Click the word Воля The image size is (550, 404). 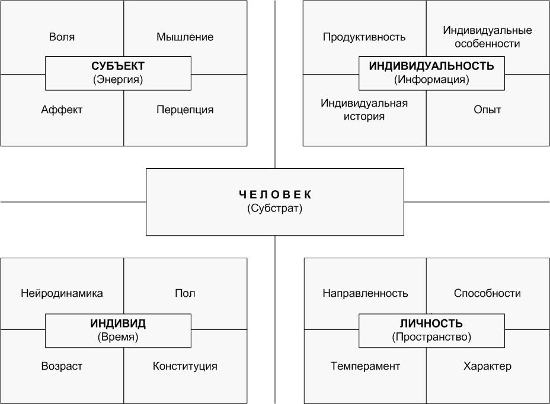coord(62,37)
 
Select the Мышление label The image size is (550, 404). coord(185,37)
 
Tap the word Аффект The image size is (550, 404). coord(62,110)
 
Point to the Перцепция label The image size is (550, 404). coord(185,110)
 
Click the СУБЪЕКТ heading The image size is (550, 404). coord(118,66)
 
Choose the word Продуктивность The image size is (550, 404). coord(364,37)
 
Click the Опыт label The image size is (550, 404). coord(487,110)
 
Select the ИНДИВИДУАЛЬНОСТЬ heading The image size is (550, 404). coord(431,66)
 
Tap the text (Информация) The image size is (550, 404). coord(431,79)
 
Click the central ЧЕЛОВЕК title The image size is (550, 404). coord(274,194)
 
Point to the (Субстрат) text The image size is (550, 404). coord(274,209)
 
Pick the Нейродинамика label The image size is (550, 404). coord(62,293)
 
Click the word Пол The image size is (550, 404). coord(185,293)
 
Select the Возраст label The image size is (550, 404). coord(62,366)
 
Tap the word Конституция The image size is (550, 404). coord(185,366)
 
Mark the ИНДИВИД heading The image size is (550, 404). coord(118,323)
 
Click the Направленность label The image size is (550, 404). coord(365,293)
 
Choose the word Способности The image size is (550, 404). coord(487,293)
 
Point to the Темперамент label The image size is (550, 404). coord(365,366)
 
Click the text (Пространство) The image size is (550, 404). coord(431,337)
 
